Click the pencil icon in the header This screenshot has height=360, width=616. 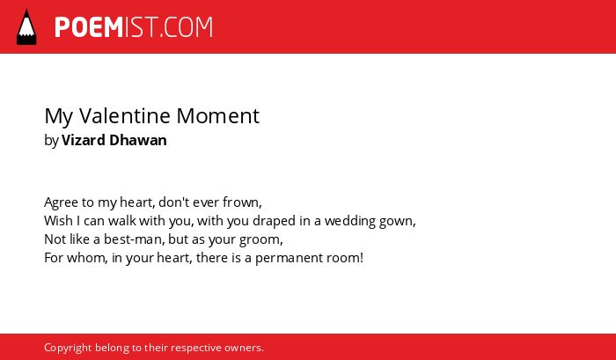26,27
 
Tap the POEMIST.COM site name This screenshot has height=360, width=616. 134,27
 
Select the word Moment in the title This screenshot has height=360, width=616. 217,115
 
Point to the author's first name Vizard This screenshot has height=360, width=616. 84,140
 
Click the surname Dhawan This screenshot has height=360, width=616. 138,140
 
